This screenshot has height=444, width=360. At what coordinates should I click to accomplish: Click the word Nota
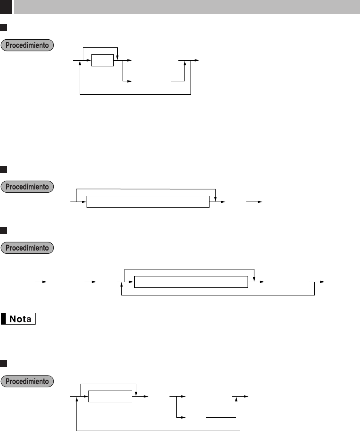[x=22, y=319]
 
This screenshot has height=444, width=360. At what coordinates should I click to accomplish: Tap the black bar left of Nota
[x=3, y=319]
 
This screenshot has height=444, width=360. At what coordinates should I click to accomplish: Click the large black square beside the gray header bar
[x=6, y=6]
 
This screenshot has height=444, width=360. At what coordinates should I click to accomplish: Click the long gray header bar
[x=186, y=6]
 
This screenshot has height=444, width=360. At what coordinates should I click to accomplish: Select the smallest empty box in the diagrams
[x=102, y=60]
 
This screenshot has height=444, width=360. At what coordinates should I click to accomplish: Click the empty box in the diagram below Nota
[x=110, y=397]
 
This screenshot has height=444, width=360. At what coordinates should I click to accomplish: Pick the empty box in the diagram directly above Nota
[x=191, y=282]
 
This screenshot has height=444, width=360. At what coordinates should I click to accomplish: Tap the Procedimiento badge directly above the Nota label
[x=28, y=247]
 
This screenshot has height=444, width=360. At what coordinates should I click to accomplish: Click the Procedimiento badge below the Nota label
[x=28, y=381]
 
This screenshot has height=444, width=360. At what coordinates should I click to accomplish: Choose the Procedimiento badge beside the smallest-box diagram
[x=28, y=45]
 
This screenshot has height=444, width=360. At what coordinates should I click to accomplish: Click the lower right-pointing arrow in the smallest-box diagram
[x=129, y=81]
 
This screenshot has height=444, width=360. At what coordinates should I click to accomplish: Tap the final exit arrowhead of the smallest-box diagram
[x=197, y=60]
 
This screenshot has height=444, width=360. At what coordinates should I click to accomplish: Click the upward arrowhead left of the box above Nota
[x=122, y=285]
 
